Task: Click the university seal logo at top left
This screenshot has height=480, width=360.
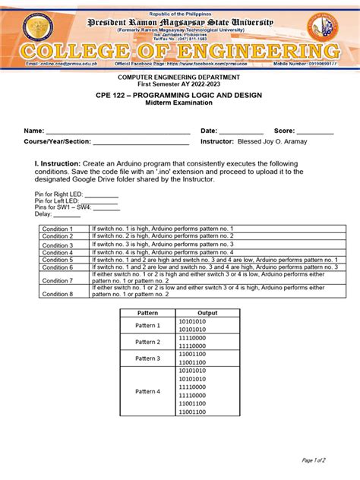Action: (x=39, y=28)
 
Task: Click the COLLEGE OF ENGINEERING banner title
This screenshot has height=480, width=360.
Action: (x=180, y=53)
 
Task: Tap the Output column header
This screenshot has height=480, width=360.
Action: (x=207, y=313)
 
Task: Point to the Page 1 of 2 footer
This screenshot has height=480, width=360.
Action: (x=313, y=460)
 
